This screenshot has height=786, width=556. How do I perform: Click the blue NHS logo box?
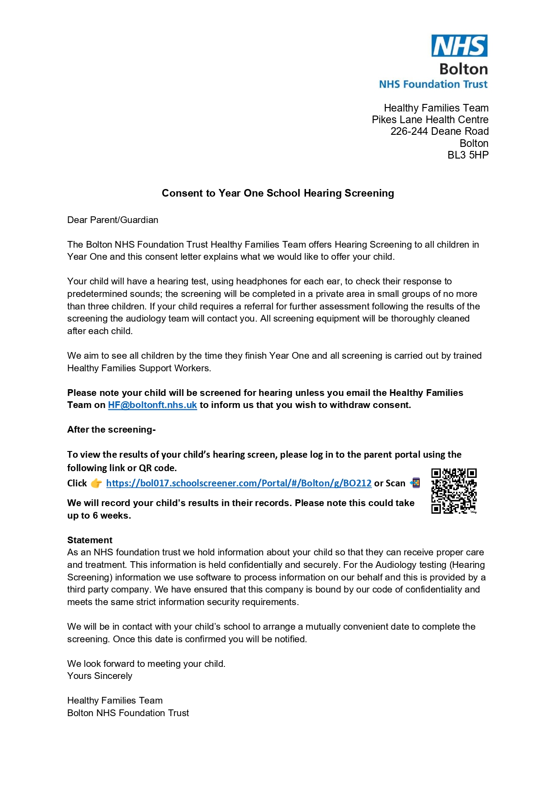point(459,46)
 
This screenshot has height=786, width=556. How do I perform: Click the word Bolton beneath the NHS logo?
point(463,69)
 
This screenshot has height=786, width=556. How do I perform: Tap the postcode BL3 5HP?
point(468,155)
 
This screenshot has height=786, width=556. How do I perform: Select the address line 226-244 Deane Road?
point(439,131)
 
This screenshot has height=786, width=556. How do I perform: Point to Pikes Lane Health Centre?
point(430,120)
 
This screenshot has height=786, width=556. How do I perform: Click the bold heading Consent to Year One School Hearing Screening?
point(278,193)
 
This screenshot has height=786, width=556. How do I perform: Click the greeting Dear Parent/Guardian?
point(112,220)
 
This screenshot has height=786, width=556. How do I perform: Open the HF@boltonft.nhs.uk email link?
point(152,405)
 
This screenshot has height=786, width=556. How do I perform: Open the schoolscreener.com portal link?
point(238,483)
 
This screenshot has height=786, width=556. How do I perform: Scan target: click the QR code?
point(453,491)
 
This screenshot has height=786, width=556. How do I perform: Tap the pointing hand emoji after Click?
point(96,483)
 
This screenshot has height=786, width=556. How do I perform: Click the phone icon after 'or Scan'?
point(415,483)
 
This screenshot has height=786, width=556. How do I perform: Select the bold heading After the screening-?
point(111,430)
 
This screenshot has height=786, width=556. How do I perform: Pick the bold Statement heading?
point(90,540)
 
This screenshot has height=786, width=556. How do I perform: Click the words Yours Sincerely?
point(99,676)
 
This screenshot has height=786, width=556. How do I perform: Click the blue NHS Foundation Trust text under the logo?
point(433,84)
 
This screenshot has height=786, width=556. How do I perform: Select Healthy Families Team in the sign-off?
point(115,700)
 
